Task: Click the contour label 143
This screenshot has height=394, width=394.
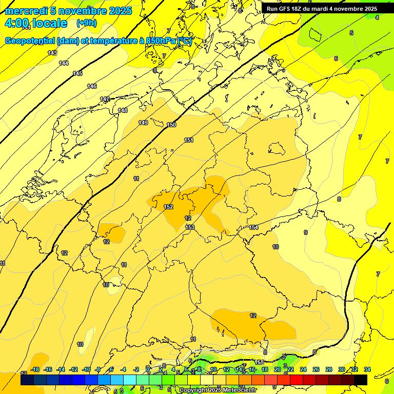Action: click(52, 53)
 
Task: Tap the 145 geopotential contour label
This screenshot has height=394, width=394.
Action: click(77, 74)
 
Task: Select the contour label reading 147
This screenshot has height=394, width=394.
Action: click(105, 99)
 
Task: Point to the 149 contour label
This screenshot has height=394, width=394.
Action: click(143, 123)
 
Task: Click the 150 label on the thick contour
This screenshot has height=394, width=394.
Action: click(171, 125)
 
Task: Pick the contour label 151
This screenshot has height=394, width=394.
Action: click(189, 140)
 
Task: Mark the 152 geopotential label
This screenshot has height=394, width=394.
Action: click(168, 207)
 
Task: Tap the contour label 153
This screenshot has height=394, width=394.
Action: click(190, 227)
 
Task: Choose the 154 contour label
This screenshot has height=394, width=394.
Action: click(253, 227)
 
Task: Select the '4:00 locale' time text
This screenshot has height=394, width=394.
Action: click(36, 24)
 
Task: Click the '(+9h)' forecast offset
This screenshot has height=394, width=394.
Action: click(86, 23)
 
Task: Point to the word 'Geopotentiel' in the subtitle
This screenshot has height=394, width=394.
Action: click(31, 42)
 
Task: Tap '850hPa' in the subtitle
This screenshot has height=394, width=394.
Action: click(161, 42)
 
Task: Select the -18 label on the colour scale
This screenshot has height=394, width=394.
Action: click(35, 369)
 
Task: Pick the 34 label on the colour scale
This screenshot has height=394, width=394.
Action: click(367, 369)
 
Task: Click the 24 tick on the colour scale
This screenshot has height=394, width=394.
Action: click(303, 369)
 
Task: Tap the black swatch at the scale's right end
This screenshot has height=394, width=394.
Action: click(361, 380)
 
